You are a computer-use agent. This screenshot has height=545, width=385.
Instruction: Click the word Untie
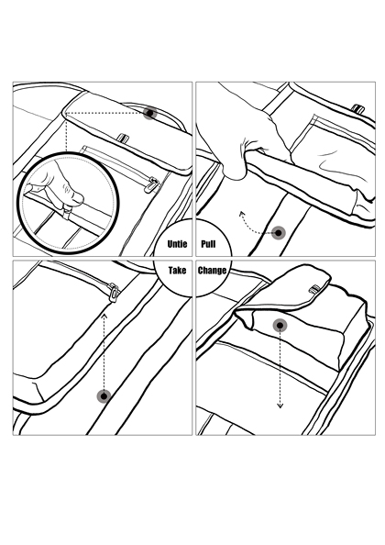(x=177, y=244)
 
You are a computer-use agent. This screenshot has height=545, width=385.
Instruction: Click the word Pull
(x=208, y=244)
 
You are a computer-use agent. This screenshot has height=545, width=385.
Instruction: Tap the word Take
(x=177, y=271)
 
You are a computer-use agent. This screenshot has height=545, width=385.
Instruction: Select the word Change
(x=212, y=271)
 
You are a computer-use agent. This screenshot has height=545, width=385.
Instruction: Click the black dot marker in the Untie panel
(x=150, y=113)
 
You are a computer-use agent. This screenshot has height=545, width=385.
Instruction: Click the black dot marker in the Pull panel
(x=279, y=233)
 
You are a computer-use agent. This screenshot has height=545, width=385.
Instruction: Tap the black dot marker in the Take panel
(x=104, y=395)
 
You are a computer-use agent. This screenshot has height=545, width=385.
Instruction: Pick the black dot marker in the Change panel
(x=280, y=326)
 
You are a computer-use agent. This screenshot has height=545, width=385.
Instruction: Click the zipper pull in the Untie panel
(x=151, y=184)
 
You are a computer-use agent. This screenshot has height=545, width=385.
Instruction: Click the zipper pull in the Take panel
(x=114, y=293)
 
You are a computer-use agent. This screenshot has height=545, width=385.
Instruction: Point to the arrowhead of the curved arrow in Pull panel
(x=242, y=215)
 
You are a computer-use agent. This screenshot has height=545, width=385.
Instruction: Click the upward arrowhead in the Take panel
(x=104, y=316)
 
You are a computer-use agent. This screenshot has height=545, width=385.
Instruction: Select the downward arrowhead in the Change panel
(x=280, y=406)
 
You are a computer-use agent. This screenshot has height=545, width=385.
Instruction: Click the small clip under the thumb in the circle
(x=66, y=211)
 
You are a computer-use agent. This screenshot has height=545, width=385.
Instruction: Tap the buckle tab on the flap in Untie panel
(x=123, y=138)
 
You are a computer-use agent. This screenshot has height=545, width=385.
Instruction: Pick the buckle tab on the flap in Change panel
(x=314, y=289)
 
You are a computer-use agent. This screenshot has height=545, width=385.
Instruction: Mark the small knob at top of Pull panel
(x=357, y=109)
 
